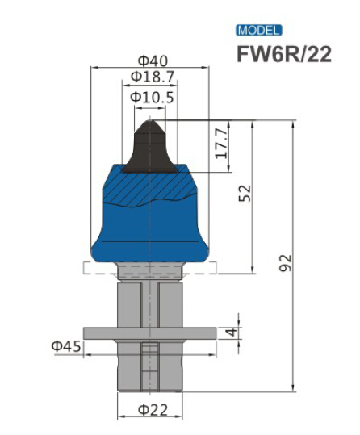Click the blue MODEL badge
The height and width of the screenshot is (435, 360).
258,31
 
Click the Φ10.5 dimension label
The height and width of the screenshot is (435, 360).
152,97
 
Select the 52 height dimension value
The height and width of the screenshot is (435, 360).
245,194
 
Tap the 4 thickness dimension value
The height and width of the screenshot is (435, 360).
230,333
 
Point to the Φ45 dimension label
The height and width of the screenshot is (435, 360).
66,347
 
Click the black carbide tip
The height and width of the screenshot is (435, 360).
151,149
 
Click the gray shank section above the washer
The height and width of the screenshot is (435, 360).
129,303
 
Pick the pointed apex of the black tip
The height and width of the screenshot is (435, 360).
151,120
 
